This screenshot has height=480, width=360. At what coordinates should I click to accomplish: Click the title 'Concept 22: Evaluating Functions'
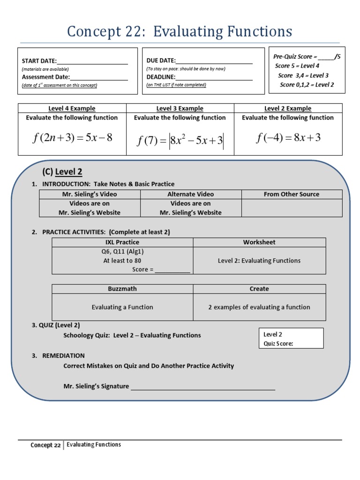[180, 31]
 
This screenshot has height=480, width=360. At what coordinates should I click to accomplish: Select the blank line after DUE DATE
[214, 61]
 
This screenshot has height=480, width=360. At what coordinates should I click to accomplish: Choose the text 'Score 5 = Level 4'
[297, 66]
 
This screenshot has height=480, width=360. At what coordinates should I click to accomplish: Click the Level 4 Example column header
[72, 108]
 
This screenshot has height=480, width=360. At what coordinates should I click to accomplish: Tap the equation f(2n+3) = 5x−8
[72, 138]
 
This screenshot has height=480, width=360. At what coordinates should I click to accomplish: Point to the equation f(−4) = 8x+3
[288, 138]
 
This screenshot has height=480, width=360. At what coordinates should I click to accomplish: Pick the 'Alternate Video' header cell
[190, 194]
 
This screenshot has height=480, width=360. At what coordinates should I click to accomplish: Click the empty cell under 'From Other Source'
[292, 208]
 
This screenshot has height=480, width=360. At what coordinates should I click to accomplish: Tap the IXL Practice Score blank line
[172, 270]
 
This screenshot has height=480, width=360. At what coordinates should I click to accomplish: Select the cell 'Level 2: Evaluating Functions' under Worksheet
[259, 261]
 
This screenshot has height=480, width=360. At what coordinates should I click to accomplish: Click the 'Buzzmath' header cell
[122, 289]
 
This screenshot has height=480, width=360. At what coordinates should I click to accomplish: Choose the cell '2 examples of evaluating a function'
[259, 307]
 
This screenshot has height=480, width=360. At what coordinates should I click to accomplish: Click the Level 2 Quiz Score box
[291, 338]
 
